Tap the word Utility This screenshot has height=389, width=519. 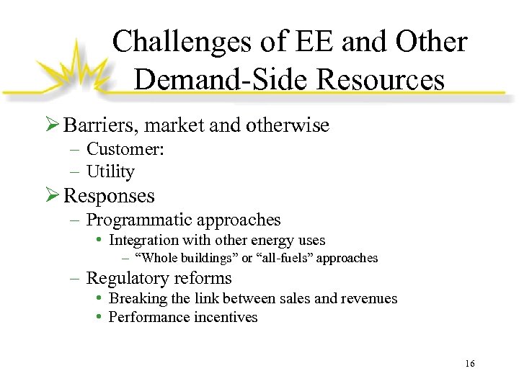(x=110, y=171)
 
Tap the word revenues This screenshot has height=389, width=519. (x=370, y=298)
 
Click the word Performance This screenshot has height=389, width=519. (x=146, y=317)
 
